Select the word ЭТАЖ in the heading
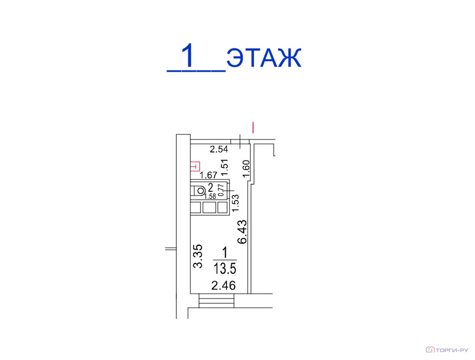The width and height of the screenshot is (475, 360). [264, 57]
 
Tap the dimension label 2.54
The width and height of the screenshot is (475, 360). [219, 149]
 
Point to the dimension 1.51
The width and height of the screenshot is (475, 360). [225, 167]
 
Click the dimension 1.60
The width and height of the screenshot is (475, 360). [246, 169]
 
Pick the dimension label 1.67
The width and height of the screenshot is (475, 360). [208, 175]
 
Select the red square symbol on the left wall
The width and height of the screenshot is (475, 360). [195, 166]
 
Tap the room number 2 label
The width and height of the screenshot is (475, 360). [210, 187]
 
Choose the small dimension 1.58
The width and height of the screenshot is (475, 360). [210, 196]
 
